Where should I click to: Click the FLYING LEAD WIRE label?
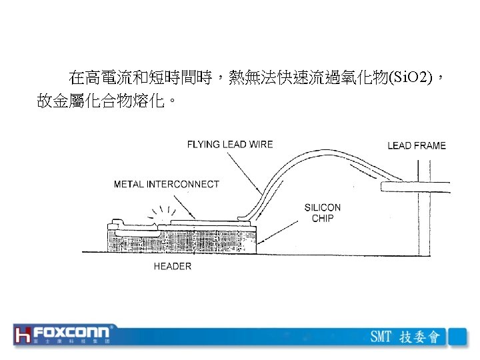coord(229,145)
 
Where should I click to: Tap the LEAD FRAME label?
coord(417,145)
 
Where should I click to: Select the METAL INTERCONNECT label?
coord(166,184)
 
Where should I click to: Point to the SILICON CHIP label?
coord(323,213)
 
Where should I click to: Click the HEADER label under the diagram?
coord(173,266)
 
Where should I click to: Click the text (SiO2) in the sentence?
coord(413,79)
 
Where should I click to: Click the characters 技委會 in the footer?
coord(419,336)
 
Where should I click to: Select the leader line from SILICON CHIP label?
coord(280,227)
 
